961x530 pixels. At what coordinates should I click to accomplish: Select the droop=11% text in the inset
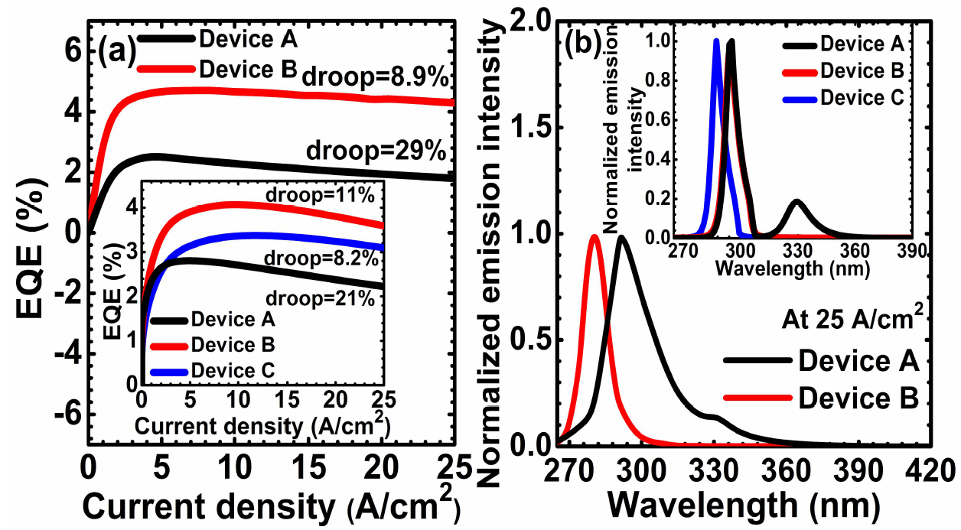[x=320, y=197]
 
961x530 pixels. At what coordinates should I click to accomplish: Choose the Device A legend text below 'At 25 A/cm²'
[x=858, y=359]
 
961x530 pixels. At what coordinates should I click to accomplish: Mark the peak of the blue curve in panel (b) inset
[x=716, y=41]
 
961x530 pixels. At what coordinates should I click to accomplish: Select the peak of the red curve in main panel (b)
[x=595, y=236]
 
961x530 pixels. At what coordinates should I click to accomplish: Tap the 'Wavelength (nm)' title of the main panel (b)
[x=743, y=504]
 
